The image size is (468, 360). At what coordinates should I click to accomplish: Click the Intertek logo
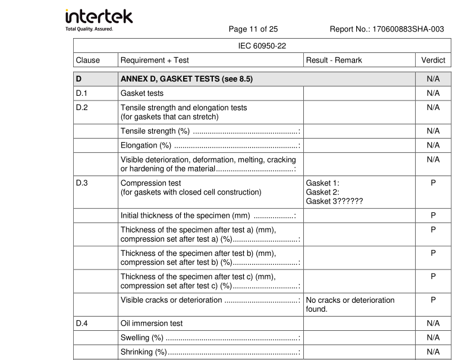point(99,19)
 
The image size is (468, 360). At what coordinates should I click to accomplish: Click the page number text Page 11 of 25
point(253,29)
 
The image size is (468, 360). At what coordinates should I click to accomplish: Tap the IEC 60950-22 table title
point(262,46)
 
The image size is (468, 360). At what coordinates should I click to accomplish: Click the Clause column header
point(88,60)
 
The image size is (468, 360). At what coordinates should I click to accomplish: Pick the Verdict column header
point(433,60)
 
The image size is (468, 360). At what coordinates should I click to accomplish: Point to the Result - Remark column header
point(334,60)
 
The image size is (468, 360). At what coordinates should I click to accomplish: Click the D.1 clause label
point(82,93)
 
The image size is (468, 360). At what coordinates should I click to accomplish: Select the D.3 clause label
point(82,183)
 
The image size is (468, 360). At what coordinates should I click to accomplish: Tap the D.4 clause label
point(82,324)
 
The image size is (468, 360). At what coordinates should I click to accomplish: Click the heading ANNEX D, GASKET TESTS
point(187,79)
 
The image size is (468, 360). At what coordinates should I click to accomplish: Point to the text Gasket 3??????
point(334,201)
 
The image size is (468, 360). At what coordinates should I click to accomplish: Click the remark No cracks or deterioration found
point(350,305)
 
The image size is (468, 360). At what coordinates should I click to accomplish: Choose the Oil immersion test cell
point(152,324)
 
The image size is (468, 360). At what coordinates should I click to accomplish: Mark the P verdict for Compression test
point(433,183)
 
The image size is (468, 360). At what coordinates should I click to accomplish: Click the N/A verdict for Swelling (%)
point(433,338)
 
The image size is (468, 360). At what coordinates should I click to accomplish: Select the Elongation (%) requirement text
point(146,145)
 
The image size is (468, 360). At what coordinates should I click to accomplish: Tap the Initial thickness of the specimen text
point(185,215)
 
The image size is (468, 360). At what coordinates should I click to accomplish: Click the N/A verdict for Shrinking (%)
point(433,352)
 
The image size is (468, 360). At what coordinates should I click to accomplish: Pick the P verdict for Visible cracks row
point(433,300)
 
